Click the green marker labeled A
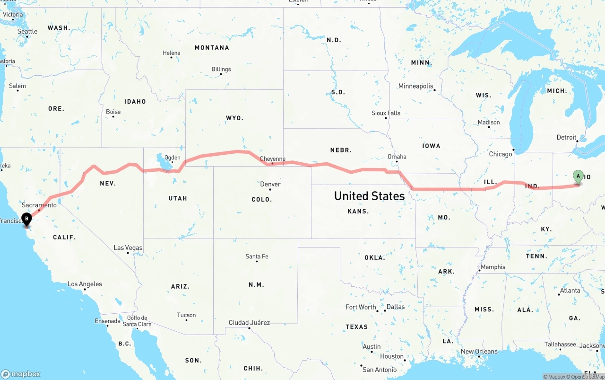click(x=578, y=177)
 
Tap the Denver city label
click(x=270, y=184)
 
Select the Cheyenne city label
click(x=273, y=159)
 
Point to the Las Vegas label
click(x=128, y=247)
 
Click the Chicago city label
click(x=501, y=154)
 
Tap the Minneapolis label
click(x=416, y=86)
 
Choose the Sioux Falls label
click(x=386, y=113)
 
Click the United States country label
click(x=369, y=196)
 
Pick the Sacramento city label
click(x=39, y=205)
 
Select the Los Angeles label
click(x=85, y=284)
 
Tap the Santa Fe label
click(x=257, y=256)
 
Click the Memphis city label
click(x=493, y=267)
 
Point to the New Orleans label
click(x=479, y=351)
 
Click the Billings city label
click(x=221, y=69)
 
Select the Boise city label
click(x=113, y=112)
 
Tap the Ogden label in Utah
click(x=172, y=158)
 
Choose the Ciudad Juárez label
click(x=249, y=322)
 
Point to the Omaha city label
click(x=397, y=157)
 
